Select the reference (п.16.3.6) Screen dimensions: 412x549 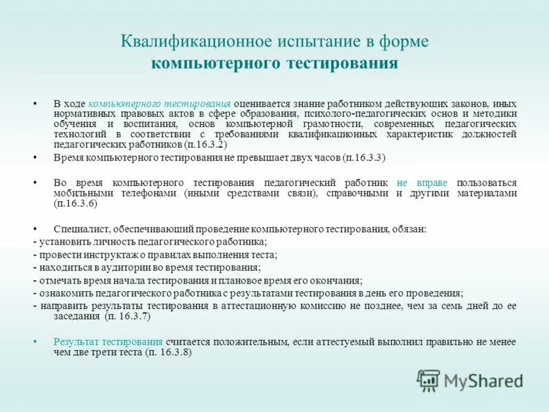coord(75,203)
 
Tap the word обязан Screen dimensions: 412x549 coord(409,229)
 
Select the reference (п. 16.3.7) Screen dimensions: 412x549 coord(127,317)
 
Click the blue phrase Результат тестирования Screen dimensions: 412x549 coord(108,341)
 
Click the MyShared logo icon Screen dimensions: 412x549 coord(429,380)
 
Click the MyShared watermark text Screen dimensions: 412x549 coord(483,381)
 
